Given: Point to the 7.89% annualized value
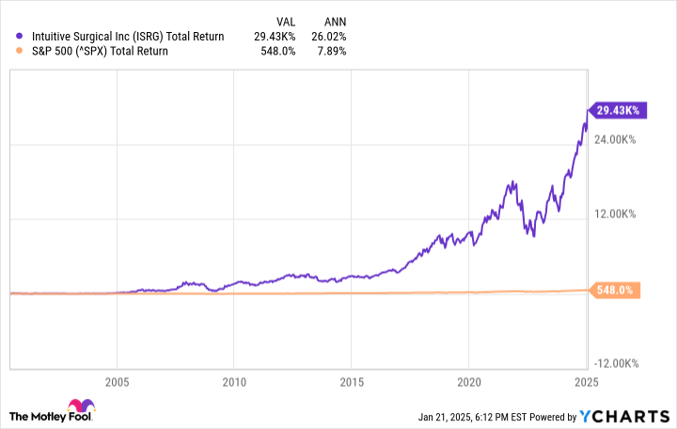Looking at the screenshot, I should pos(330,52).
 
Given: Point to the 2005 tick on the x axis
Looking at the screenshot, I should pos(117,382).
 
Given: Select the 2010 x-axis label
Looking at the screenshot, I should pos(234,382).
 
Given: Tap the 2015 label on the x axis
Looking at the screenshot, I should pos(352,382).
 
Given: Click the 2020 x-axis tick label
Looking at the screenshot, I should pos(469,382).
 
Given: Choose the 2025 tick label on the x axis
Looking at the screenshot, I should pos(587,382).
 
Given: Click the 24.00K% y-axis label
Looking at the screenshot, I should pos(616,140).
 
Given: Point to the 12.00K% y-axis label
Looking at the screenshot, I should pos(616,214).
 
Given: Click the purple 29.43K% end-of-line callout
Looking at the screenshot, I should pos(616,110).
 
